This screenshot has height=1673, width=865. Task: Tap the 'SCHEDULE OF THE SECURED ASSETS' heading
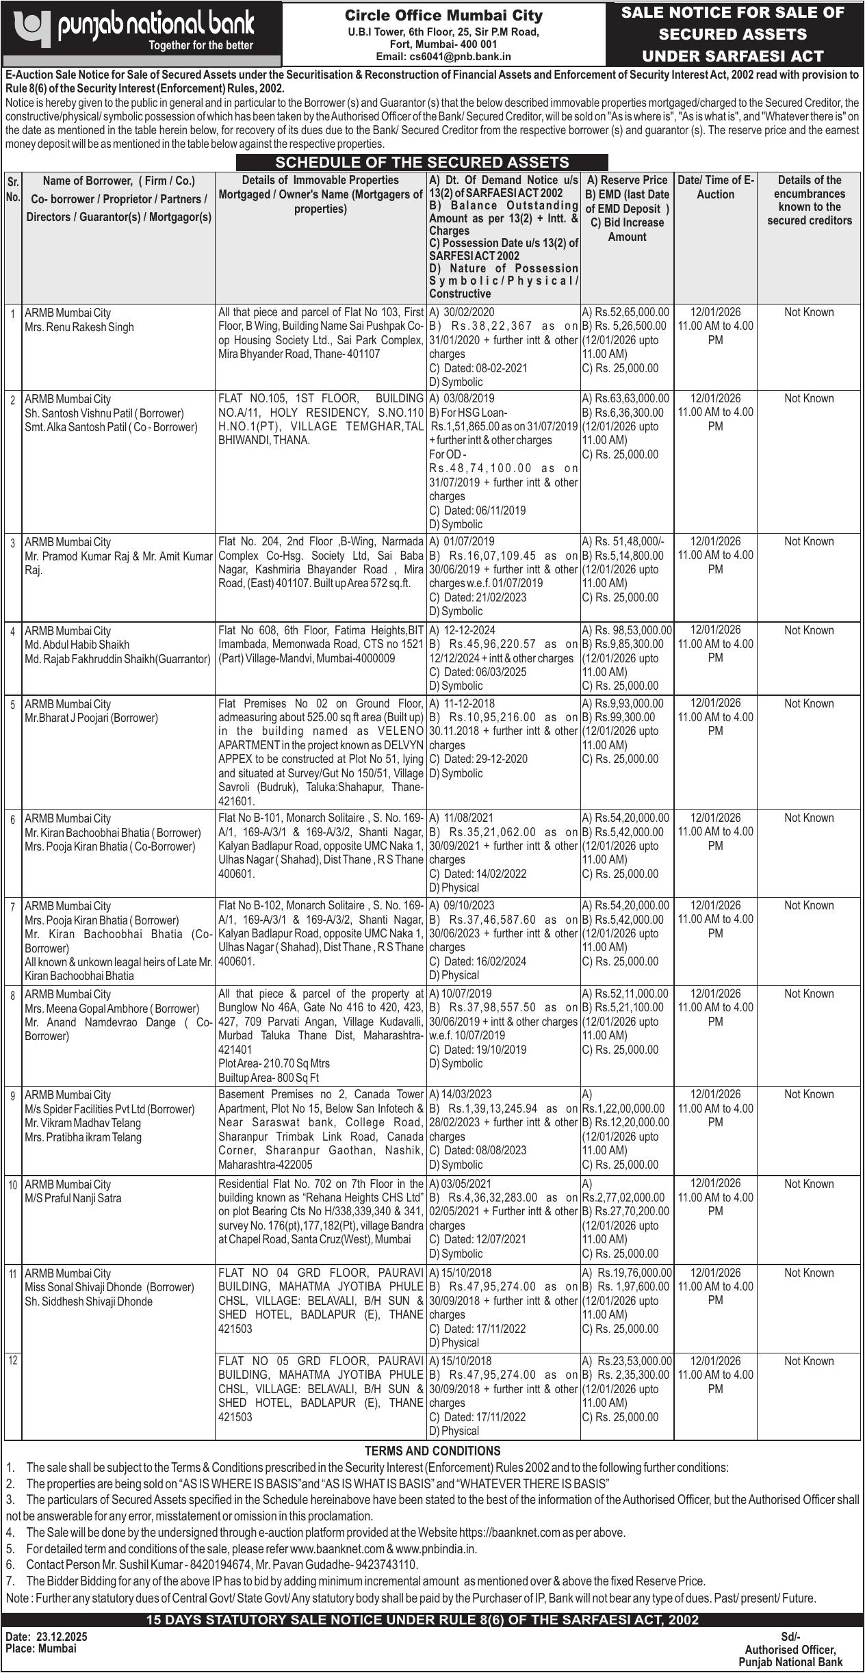click(422, 162)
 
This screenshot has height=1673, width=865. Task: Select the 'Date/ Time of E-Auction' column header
click(715, 187)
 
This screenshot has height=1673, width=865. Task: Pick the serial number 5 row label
click(12, 704)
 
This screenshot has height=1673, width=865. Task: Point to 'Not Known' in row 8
click(809, 994)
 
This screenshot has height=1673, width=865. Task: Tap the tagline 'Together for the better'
click(201, 46)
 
